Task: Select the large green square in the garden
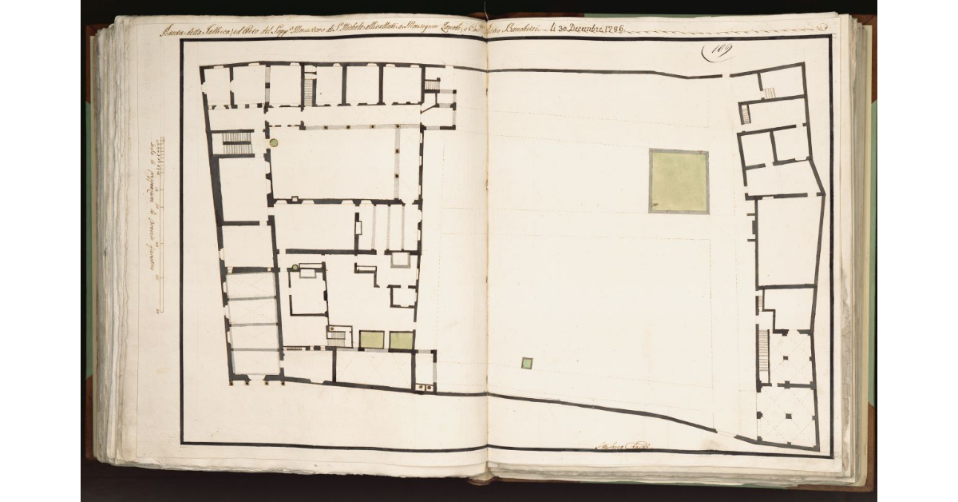(x=678, y=181)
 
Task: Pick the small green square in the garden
(x=527, y=363)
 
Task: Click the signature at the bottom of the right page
(x=621, y=446)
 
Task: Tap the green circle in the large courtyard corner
(x=274, y=142)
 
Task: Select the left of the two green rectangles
(x=371, y=340)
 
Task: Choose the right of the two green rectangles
(x=402, y=340)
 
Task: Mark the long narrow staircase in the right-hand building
(x=763, y=355)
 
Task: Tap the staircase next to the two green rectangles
(x=338, y=337)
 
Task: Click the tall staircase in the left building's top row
(x=309, y=86)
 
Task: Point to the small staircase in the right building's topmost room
(x=770, y=93)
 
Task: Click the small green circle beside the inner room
(x=295, y=266)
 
